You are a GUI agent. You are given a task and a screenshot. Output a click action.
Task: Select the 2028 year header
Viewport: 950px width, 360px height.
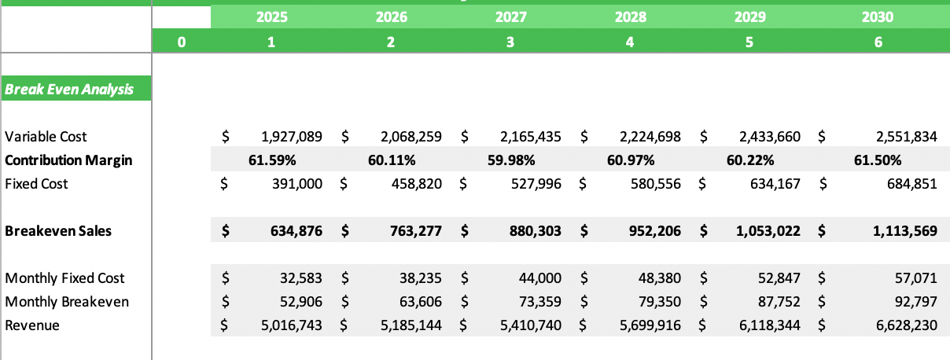coord(629,17)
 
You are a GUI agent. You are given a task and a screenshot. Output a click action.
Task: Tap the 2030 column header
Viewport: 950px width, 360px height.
coord(878,17)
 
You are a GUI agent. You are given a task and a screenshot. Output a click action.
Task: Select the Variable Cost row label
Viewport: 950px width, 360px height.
coord(46,137)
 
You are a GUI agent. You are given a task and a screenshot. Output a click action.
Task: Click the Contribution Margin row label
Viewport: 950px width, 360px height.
coord(68,160)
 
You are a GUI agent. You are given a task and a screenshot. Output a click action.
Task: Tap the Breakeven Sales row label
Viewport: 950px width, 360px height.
coord(58,231)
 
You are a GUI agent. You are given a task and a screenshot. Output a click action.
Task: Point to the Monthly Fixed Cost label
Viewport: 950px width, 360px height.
coord(64,278)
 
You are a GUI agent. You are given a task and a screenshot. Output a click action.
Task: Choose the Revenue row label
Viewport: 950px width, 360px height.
coord(31,325)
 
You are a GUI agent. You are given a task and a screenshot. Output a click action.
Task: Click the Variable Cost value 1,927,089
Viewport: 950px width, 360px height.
coord(291,137)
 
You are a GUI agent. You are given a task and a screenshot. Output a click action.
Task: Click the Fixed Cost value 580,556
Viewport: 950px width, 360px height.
coord(650,184)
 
